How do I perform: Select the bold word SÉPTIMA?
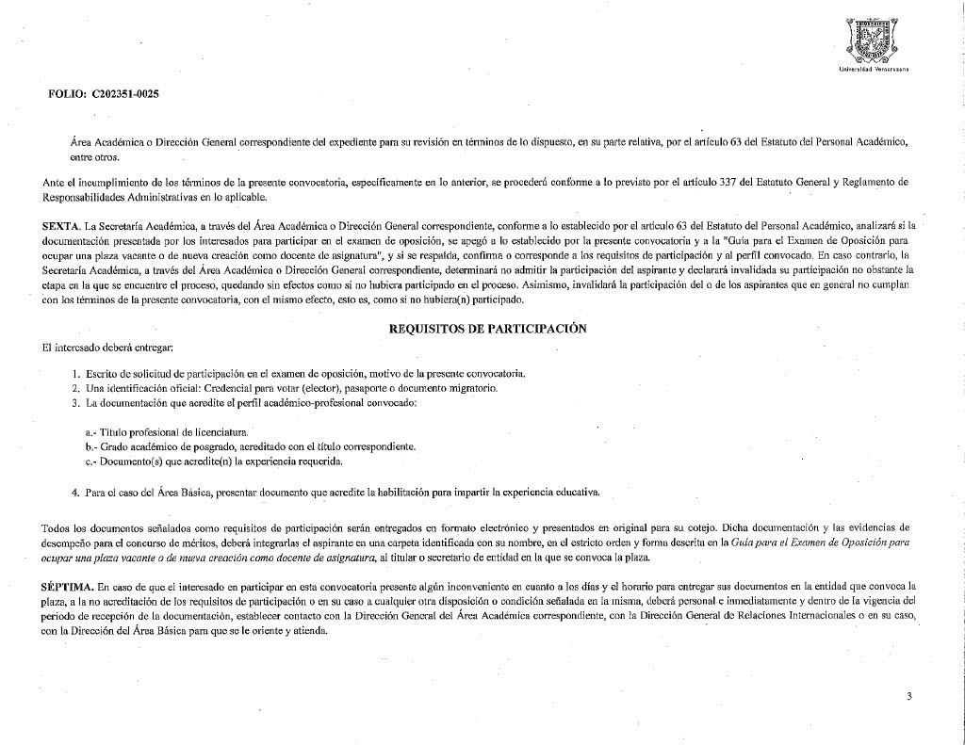click(x=68, y=586)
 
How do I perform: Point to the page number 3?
click(x=909, y=696)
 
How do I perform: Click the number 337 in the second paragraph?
click(x=699, y=180)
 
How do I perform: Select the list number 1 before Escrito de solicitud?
click(x=75, y=374)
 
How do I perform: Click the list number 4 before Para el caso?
click(x=75, y=492)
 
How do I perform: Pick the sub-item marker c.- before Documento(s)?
click(x=90, y=462)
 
